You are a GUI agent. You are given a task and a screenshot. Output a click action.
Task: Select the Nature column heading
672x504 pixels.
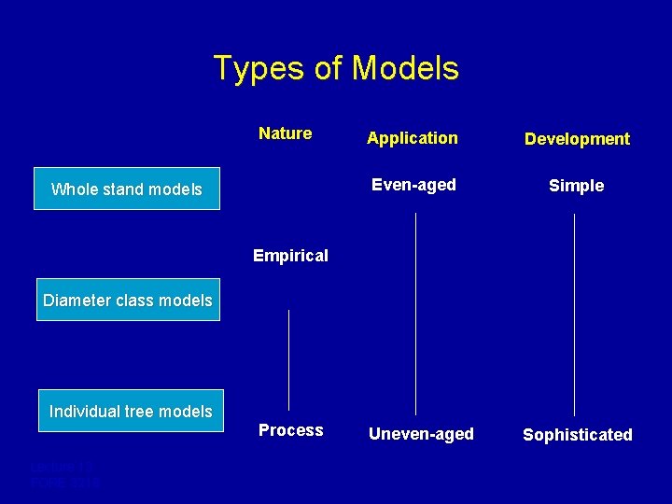[286, 133]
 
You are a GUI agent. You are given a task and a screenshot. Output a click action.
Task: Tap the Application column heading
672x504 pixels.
[413, 138]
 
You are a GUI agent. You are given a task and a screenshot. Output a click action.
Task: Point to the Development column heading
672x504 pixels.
[577, 139]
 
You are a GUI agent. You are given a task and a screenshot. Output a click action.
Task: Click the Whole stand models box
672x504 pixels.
[127, 189]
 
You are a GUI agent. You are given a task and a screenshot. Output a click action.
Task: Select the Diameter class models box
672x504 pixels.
[128, 300]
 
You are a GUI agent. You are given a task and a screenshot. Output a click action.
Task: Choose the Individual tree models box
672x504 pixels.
[131, 411]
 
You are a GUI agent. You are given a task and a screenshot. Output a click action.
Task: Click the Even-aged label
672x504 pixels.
[413, 185]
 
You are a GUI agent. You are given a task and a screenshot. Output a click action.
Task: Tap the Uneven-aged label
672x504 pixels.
[421, 434]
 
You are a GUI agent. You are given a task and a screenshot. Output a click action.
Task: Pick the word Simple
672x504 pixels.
[576, 186]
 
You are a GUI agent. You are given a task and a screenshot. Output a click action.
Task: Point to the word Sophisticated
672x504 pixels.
[577, 435]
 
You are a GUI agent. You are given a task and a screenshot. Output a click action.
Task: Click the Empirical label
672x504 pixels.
[291, 256]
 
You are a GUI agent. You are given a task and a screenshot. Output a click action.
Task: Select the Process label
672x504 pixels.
[291, 430]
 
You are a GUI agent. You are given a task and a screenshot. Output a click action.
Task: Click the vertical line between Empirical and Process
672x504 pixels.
[289, 359]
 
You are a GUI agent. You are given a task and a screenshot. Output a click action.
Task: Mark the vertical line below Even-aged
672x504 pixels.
[415, 313]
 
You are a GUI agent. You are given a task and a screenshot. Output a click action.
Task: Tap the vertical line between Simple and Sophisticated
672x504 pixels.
[574, 313]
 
